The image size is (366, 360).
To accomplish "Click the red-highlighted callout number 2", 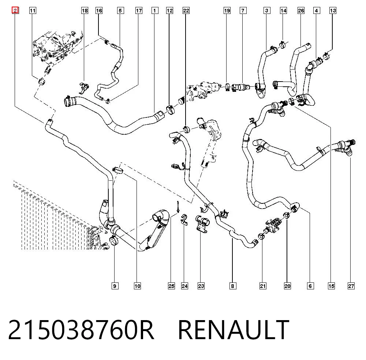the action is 15,10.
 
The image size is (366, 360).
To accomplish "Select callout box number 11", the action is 33,11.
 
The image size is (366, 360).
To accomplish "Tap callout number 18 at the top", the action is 85,11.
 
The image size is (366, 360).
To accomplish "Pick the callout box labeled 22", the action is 186,11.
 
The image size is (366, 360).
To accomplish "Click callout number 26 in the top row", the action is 301,11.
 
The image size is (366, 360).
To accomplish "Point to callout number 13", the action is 333,11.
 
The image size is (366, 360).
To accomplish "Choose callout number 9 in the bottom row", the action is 115,286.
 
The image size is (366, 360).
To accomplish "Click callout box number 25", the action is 171,286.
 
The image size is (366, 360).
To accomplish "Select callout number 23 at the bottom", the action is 201,286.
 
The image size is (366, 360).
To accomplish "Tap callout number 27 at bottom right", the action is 351,286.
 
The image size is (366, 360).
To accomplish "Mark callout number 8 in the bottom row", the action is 232,286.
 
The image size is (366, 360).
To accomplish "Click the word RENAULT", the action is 234,330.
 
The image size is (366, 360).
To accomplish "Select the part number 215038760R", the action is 81,330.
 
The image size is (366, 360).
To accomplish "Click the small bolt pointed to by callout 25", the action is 178,207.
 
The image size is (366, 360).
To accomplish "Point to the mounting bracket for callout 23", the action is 202,224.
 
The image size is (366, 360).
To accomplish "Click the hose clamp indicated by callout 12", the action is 171,110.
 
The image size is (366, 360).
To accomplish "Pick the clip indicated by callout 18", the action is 84,87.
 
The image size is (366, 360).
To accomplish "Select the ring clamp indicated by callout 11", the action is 42,82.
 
